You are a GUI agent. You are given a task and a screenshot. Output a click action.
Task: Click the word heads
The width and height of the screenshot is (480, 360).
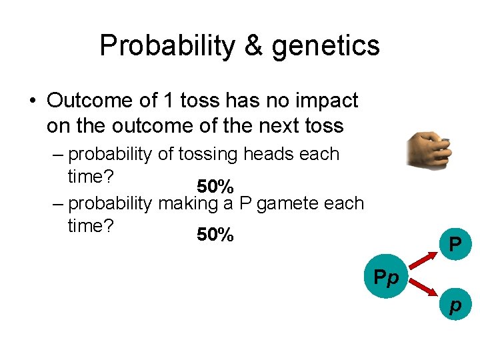(271, 154)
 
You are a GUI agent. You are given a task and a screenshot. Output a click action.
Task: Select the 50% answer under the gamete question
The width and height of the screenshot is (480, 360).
(215, 235)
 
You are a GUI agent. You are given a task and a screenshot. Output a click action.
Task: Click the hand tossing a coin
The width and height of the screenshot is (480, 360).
(430, 149)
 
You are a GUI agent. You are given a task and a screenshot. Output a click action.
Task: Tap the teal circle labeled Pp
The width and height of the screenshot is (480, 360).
(385, 275)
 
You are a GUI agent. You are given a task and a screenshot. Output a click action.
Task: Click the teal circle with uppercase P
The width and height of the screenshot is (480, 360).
(455, 245)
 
